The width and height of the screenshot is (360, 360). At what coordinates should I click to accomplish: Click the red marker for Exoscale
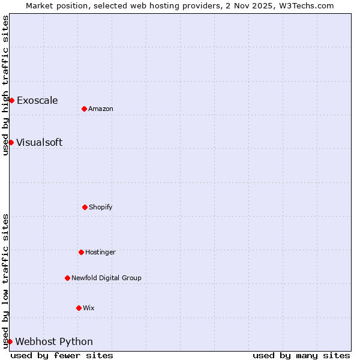point(11,100)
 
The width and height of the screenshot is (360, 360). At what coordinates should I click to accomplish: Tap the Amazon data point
point(84,109)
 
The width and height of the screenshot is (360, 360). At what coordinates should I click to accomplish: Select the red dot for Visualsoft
point(11,142)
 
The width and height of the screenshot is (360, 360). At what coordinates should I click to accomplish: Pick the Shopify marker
point(85,207)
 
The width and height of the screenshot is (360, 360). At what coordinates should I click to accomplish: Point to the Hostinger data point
point(81,252)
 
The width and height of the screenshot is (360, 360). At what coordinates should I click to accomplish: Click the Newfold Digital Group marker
point(67,278)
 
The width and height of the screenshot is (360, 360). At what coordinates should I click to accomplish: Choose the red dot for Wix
point(79,308)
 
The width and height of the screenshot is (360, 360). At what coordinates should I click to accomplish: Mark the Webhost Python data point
point(10,341)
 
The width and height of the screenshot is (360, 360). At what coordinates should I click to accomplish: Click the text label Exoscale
point(37,100)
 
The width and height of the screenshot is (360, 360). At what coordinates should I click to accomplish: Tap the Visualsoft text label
point(39,142)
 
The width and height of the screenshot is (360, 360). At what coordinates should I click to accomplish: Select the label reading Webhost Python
point(54,341)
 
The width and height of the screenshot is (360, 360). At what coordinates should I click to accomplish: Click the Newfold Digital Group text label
point(106,278)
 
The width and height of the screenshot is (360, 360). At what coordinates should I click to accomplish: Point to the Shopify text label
point(101,207)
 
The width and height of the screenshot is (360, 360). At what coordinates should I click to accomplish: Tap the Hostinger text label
point(100,252)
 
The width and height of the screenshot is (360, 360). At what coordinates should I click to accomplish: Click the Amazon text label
point(101,109)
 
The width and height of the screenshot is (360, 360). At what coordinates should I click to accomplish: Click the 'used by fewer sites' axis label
point(62,355)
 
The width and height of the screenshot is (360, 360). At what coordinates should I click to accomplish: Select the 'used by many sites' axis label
point(301,355)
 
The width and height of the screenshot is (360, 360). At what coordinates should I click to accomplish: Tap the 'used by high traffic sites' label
point(5,85)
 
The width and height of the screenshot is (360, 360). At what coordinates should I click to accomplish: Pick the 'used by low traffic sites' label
point(5,281)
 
